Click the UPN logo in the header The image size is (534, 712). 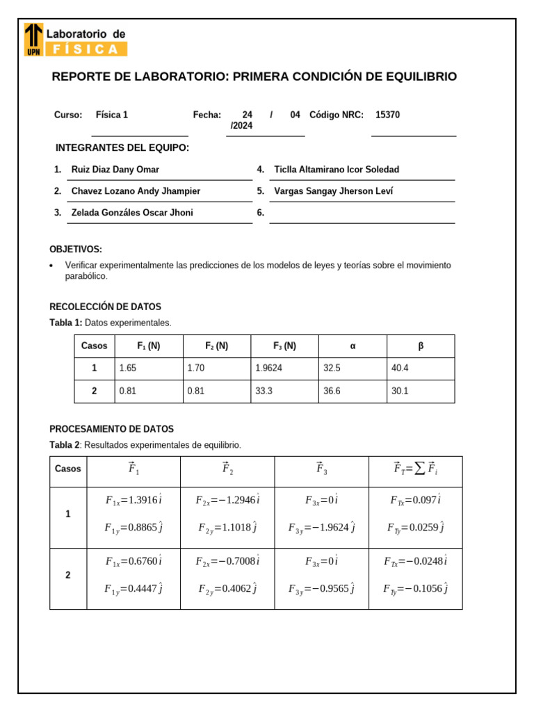33,39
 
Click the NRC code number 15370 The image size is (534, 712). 387,115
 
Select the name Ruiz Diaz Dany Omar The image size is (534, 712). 115,170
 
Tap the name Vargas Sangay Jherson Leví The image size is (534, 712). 333,191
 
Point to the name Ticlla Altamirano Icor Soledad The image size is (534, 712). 337,170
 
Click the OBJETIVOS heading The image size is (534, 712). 76,249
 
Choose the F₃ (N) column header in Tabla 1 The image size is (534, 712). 284,346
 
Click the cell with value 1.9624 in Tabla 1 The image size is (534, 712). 270,369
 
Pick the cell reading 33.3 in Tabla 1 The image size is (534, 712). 264,391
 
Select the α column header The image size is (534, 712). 353,346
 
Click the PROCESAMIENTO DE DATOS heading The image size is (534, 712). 111,429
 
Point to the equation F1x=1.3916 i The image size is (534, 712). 133,500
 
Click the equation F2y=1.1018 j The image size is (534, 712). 227,528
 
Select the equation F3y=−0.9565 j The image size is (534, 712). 321,589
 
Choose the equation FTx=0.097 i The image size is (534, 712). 416,500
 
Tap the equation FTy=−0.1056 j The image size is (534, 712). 415,589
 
